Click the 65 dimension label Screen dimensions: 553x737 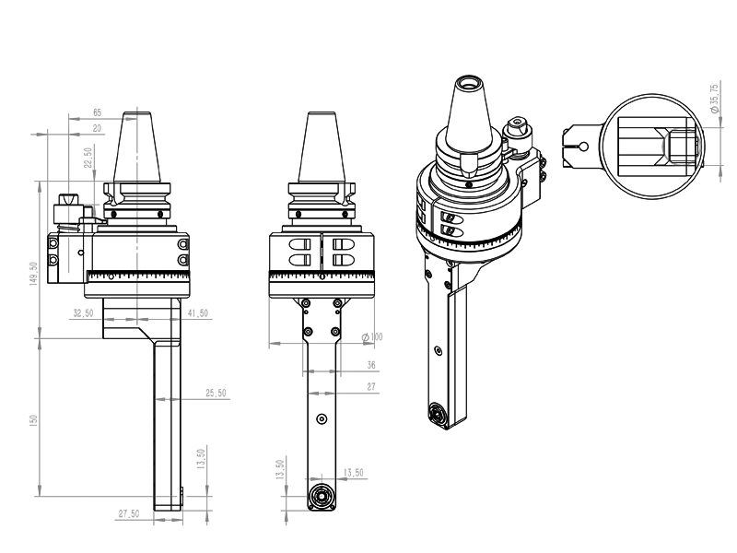[97, 112]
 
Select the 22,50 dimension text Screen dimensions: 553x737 [88, 158]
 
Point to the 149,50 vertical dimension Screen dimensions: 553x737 [33, 275]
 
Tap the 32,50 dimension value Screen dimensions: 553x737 [84, 313]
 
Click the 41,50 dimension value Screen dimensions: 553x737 [197, 313]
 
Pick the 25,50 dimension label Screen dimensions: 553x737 [216, 394]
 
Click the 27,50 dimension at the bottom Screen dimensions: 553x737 [129, 513]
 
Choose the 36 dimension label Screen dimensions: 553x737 [371, 365]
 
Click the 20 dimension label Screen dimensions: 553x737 [97, 128]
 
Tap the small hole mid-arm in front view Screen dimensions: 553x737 [321, 418]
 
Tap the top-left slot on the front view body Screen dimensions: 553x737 [297, 244]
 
